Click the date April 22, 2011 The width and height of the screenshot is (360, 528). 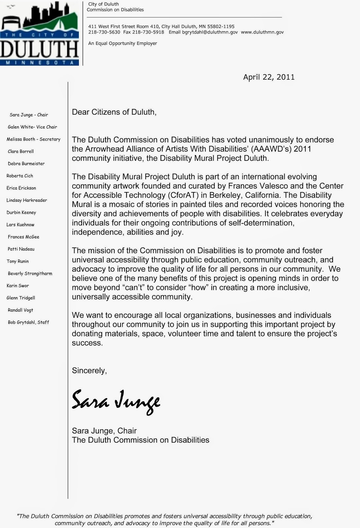point(269,77)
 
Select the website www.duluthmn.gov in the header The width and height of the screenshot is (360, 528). point(262,32)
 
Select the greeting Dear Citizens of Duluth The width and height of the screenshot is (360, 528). point(114,112)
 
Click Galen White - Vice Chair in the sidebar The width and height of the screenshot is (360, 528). point(32,127)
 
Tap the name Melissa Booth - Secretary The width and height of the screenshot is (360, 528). point(33,139)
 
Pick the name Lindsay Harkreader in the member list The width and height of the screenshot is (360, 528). point(27,200)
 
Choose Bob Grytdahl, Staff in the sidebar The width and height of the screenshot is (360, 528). point(28,322)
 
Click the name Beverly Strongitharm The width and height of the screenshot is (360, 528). point(30,274)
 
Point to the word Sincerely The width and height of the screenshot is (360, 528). point(89,371)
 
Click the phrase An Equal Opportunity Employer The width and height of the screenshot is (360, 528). point(123,44)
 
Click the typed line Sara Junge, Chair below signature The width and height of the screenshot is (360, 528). point(104,431)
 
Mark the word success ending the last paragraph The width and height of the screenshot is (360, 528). point(87,343)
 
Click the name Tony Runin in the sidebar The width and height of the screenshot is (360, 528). point(18,261)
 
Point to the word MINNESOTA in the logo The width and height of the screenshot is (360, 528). point(39,62)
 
